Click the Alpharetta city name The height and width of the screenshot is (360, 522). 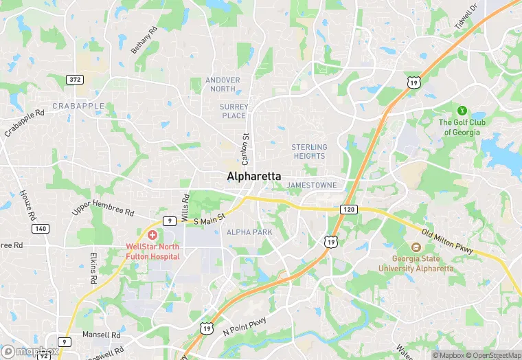(253, 177)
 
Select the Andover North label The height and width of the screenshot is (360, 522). (223, 85)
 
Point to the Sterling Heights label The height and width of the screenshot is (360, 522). (309, 151)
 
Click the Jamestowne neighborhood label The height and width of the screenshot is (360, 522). (312, 185)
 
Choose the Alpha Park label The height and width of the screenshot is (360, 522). (249, 232)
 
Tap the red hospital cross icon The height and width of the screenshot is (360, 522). (152, 236)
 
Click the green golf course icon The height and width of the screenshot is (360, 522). (462, 110)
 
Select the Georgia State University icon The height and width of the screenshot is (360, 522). (416, 247)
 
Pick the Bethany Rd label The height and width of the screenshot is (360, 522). (144, 41)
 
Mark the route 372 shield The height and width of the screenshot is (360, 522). (75, 80)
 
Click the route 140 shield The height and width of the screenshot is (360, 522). (40, 228)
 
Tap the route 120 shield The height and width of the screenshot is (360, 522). (348, 207)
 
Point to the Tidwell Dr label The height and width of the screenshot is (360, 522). (465, 17)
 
